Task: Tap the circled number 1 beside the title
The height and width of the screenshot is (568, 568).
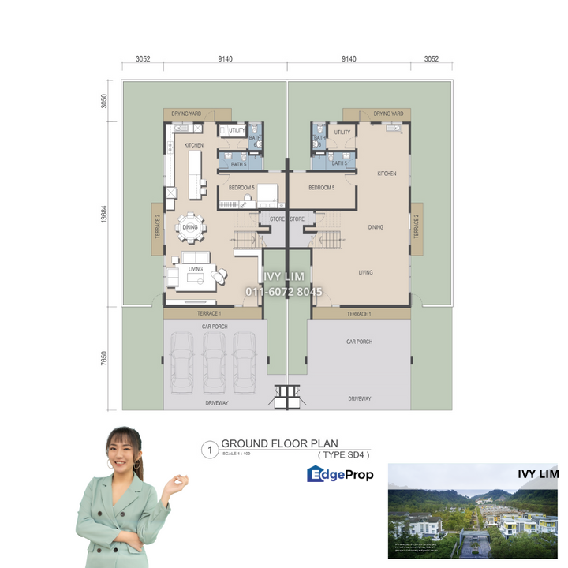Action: click(209, 450)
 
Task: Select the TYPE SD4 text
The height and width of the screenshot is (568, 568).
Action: click(343, 454)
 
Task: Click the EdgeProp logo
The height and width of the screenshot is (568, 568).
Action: click(340, 473)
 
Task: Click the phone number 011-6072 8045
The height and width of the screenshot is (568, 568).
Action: click(284, 292)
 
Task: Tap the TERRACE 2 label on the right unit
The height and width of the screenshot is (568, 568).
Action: click(416, 223)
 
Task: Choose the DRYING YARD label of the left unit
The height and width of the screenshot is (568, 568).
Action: click(185, 114)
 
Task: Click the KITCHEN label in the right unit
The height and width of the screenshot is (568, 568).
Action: click(387, 174)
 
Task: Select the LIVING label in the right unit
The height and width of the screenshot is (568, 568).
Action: click(365, 272)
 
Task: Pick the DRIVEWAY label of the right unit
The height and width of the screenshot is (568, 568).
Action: click(360, 399)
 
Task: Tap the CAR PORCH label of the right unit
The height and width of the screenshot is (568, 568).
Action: click(359, 342)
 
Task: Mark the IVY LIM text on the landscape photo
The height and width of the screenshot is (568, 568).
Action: click(537, 474)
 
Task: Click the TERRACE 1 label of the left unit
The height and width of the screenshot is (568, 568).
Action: click(209, 313)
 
